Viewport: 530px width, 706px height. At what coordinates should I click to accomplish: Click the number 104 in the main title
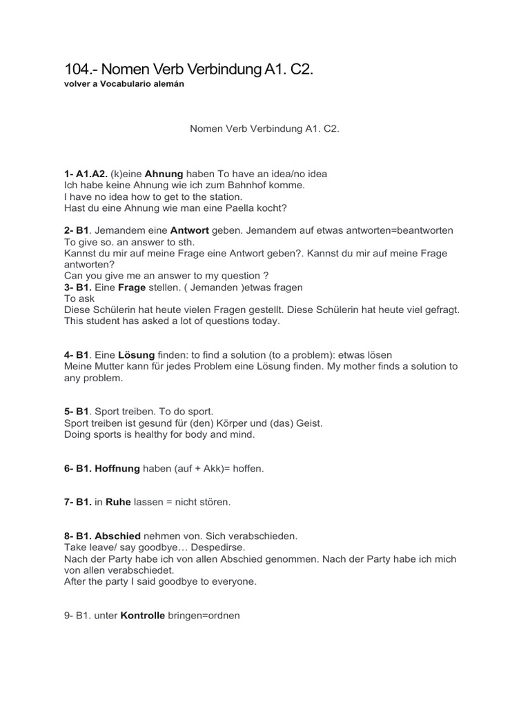point(77,70)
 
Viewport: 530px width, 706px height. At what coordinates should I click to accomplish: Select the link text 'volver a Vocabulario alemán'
point(124,83)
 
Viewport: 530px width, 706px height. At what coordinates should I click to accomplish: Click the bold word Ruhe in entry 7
point(99,502)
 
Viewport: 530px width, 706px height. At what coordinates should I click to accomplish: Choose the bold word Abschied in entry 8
point(118,536)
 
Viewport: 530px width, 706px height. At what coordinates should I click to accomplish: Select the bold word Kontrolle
point(143,615)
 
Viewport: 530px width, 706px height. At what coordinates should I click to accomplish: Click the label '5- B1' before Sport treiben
point(77,412)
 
